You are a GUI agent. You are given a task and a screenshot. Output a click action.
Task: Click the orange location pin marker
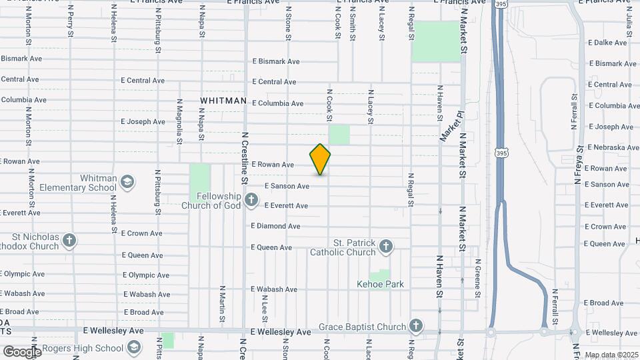click(x=320, y=159)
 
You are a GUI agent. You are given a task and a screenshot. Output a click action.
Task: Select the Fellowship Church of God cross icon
click(x=251, y=200)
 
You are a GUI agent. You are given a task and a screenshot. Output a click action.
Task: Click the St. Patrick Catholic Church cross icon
click(x=385, y=247)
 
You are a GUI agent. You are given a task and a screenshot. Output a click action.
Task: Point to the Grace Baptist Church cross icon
click(x=416, y=326)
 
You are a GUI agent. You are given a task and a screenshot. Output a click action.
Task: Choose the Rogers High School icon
click(x=134, y=347)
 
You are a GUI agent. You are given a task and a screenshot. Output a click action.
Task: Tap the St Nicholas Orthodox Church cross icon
click(x=70, y=241)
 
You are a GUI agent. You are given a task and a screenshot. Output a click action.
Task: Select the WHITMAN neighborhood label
click(x=223, y=101)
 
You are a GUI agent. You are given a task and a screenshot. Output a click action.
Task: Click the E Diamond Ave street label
click(x=275, y=226)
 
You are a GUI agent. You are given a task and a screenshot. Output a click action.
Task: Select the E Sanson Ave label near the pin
click(x=287, y=186)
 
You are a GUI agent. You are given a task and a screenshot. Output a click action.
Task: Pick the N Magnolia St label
click(x=179, y=122)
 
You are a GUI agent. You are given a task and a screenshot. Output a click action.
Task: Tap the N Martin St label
click(x=222, y=301)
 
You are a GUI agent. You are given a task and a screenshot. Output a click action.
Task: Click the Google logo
click(x=21, y=351)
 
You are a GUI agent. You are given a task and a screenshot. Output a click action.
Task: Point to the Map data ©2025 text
click(x=611, y=355)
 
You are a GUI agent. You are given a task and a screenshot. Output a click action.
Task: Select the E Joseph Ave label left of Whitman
click(x=143, y=122)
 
